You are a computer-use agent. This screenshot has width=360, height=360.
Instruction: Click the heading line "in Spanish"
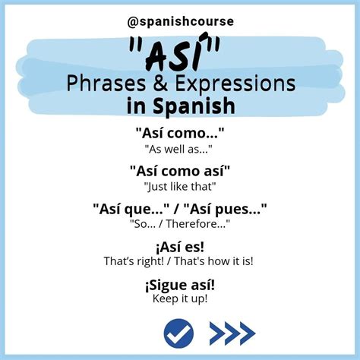point(180,103)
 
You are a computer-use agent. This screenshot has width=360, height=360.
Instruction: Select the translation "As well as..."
point(180,149)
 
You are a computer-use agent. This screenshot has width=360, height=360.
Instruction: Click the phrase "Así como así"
point(180,170)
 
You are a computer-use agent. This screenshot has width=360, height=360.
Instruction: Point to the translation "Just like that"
point(180,185)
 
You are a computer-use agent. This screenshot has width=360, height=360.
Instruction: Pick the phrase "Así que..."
point(129,207)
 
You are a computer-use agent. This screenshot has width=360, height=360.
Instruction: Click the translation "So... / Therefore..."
point(180,223)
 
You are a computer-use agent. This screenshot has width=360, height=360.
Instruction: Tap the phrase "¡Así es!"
point(179,246)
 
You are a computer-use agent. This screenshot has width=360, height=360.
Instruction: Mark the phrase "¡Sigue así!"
point(180,284)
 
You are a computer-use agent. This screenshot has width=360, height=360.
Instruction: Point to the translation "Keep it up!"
point(180,298)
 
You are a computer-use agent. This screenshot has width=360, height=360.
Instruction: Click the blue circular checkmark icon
point(179,332)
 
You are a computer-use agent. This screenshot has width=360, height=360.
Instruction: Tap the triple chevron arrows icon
point(232,332)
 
